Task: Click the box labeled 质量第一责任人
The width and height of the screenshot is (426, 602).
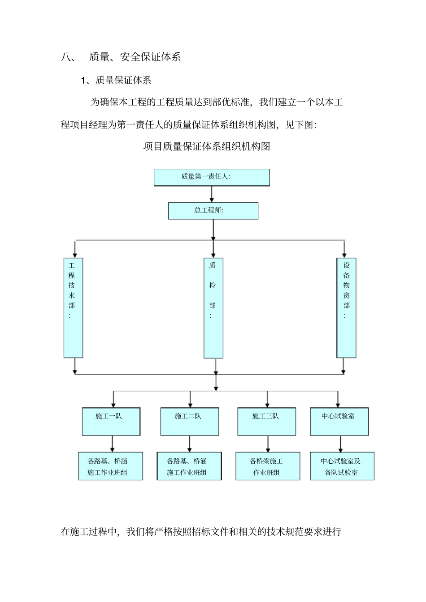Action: coord(212,177)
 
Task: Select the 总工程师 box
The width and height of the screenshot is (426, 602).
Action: coord(213,211)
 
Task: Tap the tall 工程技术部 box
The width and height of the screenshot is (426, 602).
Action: coord(73,307)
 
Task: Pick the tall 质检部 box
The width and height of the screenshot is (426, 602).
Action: coord(213,308)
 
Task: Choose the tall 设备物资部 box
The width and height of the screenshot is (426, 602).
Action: coord(346,307)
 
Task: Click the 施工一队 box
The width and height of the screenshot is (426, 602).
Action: coord(111,421)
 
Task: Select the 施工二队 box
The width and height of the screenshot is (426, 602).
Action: coord(190,421)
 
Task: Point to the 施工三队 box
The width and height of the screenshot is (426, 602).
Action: coord(266,421)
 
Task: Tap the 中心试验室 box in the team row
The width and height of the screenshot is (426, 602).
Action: coord(339,421)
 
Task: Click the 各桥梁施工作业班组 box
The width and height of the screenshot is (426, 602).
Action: coord(268,466)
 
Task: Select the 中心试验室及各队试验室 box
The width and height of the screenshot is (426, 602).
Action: coord(342,466)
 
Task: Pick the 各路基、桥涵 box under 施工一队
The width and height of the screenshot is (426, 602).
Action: coord(110,466)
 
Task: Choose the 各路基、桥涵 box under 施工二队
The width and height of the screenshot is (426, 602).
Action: coord(189,466)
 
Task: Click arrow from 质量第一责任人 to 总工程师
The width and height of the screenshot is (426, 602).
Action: coord(212,194)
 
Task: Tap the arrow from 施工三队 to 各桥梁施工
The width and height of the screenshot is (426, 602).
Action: coord(268,444)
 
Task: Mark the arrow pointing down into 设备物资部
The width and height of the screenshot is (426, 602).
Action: coord(344,249)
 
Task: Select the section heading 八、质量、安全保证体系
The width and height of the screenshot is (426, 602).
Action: coord(121,57)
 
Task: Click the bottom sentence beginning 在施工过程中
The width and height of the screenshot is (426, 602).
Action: coord(201,532)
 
